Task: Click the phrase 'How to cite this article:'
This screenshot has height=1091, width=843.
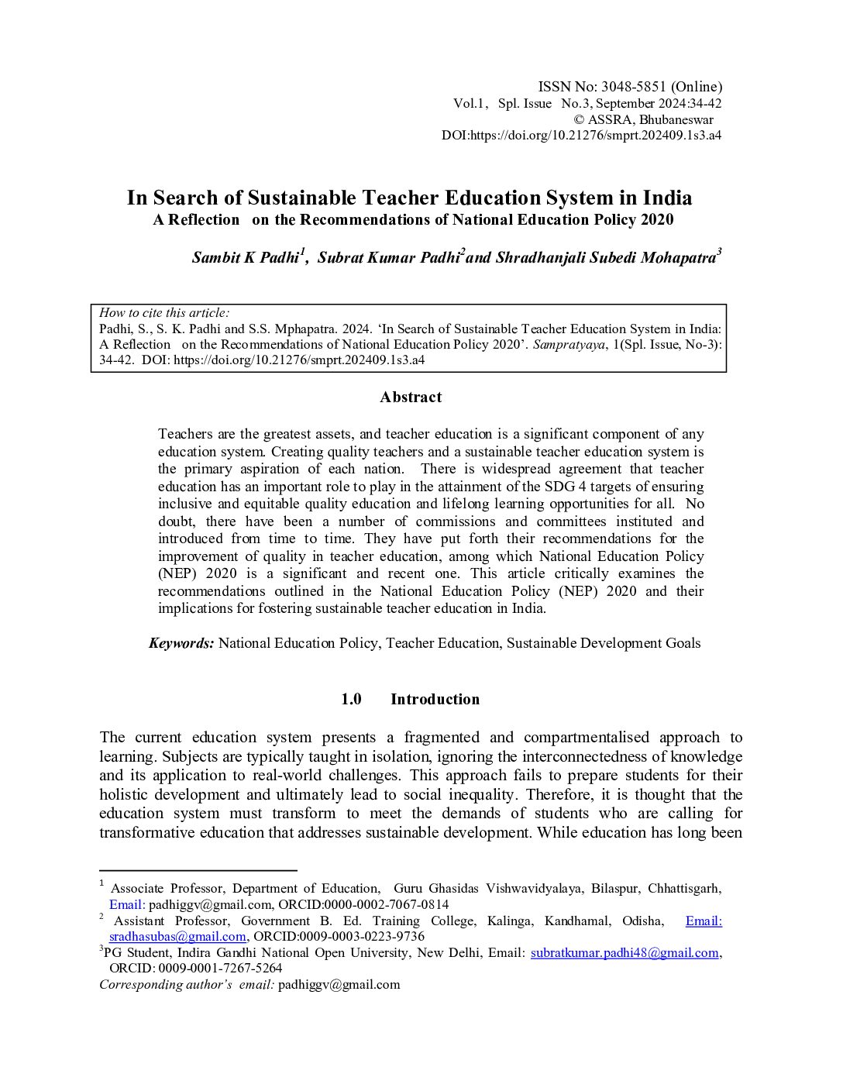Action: click(164, 313)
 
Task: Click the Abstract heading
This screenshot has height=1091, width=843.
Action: click(411, 398)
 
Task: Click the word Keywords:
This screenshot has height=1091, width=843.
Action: click(181, 643)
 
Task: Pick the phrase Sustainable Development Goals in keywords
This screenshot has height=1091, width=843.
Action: click(604, 643)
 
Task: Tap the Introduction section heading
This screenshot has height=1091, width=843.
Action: click(435, 700)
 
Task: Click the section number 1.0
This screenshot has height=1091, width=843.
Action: click(351, 700)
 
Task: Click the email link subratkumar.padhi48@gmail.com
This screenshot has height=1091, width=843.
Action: click(625, 953)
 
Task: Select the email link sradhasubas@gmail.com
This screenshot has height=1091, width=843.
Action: click(177, 937)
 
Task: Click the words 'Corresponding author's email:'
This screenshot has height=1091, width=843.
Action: click(187, 985)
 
